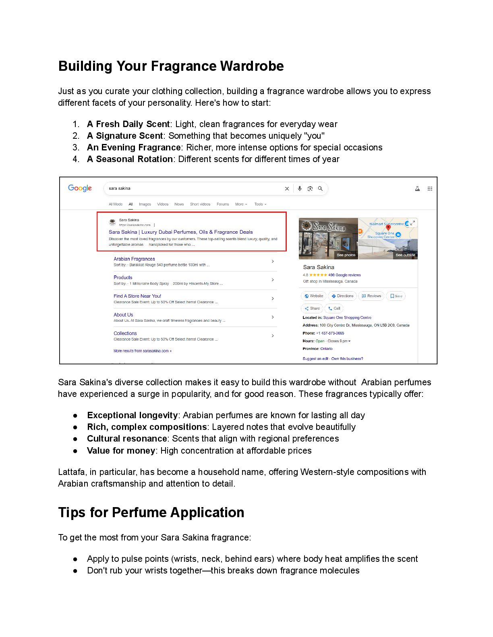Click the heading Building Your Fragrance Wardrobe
pos(171,66)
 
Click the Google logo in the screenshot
pos(80,188)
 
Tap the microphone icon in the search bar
pos(300,189)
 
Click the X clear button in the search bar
pos(287,189)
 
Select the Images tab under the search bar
pos(145,204)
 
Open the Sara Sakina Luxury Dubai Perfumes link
pos(180,232)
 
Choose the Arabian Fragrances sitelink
pos(134,259)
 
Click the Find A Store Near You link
pos(137,296)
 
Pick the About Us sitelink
pos(123,315)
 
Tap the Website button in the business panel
pos(314,296)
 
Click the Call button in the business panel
pos(334,308)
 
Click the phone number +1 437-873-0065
pos(330,333)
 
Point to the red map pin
pos(388,228)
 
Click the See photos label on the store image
pos(346,255)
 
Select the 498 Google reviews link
pos(344,275)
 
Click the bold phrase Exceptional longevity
pos(132,415)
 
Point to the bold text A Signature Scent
pos(125,136)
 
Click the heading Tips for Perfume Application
pos(151,512)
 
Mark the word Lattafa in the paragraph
pos(71,472)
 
